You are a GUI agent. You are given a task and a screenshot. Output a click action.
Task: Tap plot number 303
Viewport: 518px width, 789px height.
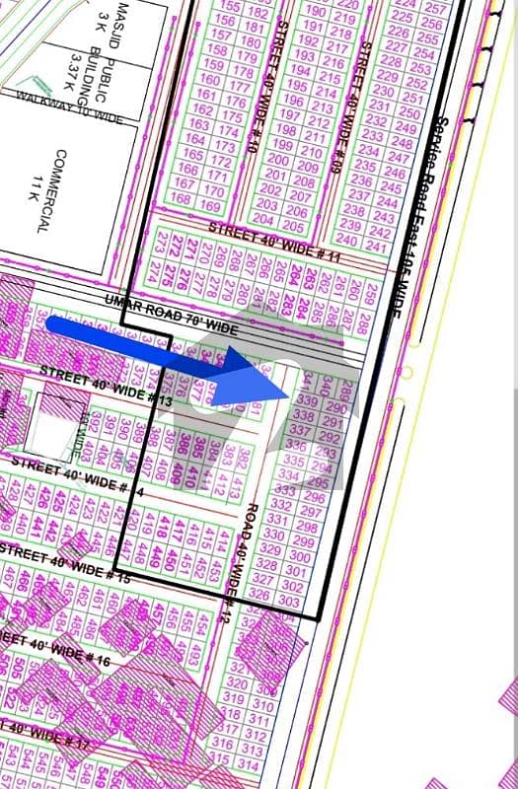coord(289,601)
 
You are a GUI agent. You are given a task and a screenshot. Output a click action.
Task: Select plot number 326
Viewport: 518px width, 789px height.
coord(259,594)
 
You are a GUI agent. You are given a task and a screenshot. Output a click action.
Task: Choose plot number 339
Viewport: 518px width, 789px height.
coord(307,401)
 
